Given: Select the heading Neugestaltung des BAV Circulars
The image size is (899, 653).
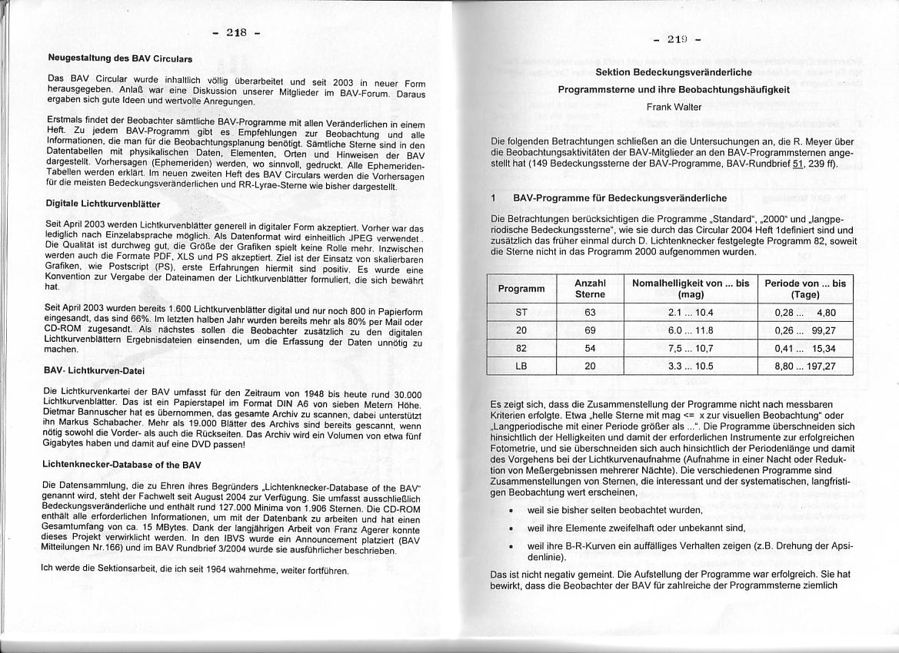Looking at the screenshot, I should (120, 58).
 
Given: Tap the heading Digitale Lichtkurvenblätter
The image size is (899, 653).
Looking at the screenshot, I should (102, 204).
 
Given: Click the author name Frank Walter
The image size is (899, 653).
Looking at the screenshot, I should (674, 107).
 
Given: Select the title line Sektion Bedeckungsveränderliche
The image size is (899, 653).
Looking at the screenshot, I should (674, 71).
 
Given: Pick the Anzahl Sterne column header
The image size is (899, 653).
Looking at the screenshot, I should (590, 289).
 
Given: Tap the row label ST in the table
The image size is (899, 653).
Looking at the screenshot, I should (521, 313).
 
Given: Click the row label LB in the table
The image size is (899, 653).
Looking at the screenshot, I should (521, 366).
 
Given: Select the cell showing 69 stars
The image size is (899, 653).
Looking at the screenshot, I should (590, 330).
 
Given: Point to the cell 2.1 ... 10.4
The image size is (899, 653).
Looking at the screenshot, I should (690, 313).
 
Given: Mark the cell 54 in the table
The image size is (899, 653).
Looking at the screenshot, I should (590, 349).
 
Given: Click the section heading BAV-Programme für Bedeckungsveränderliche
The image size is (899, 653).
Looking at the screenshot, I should (619, 198).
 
